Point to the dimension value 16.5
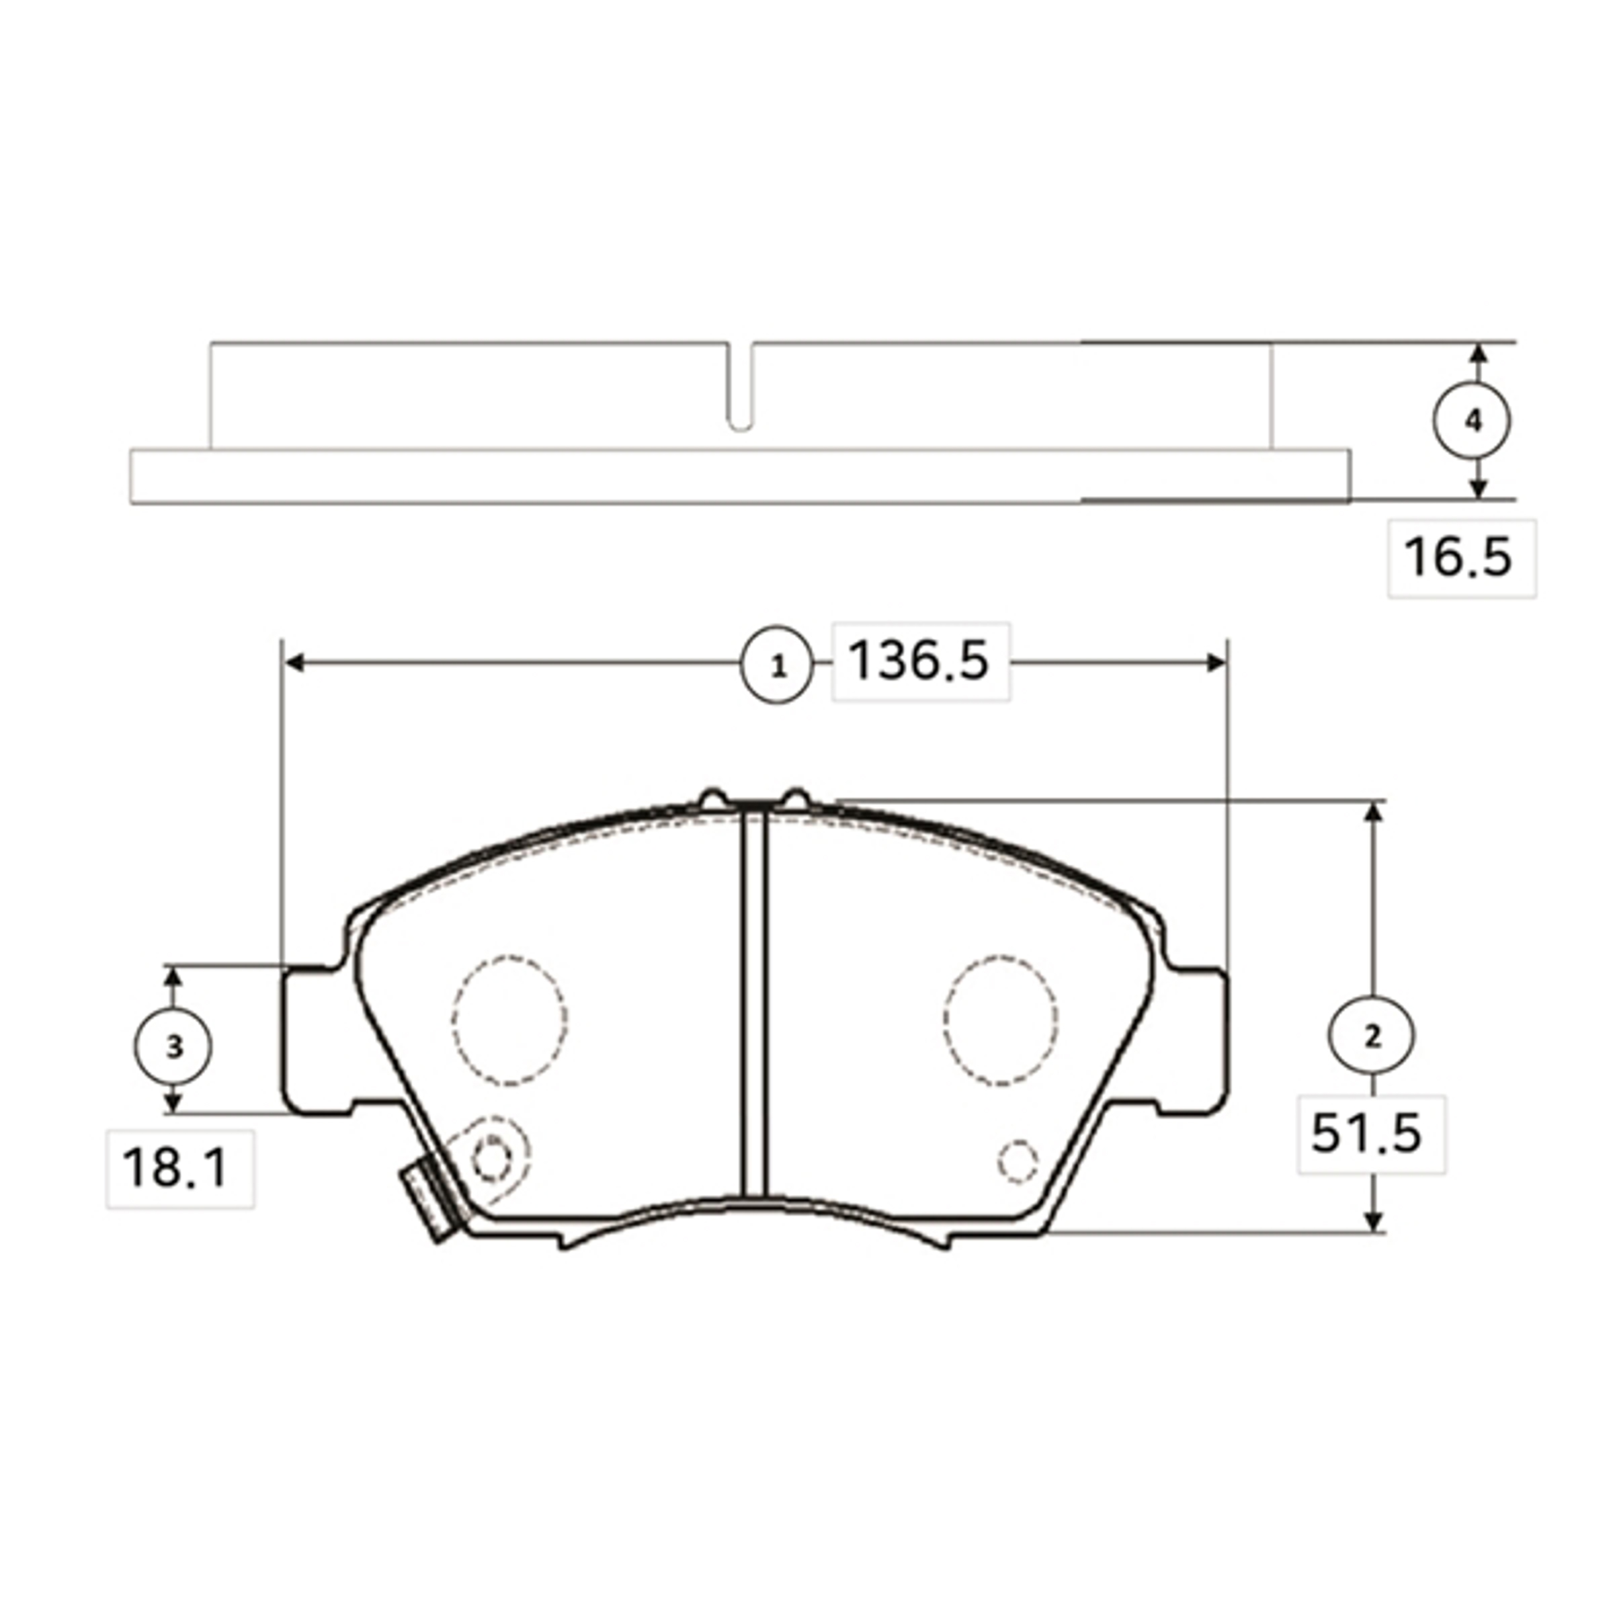point(1458,557)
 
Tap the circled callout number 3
point(173,1046)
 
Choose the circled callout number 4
point(1472,421)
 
